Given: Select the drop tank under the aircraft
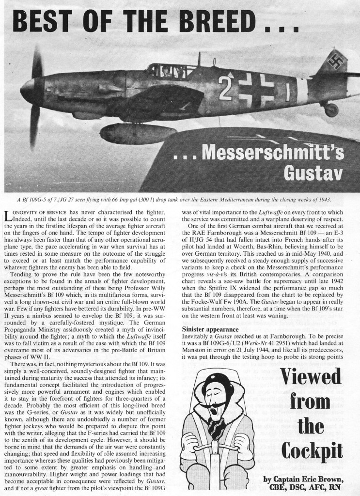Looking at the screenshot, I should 138,133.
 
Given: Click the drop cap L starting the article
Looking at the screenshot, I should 8,217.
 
